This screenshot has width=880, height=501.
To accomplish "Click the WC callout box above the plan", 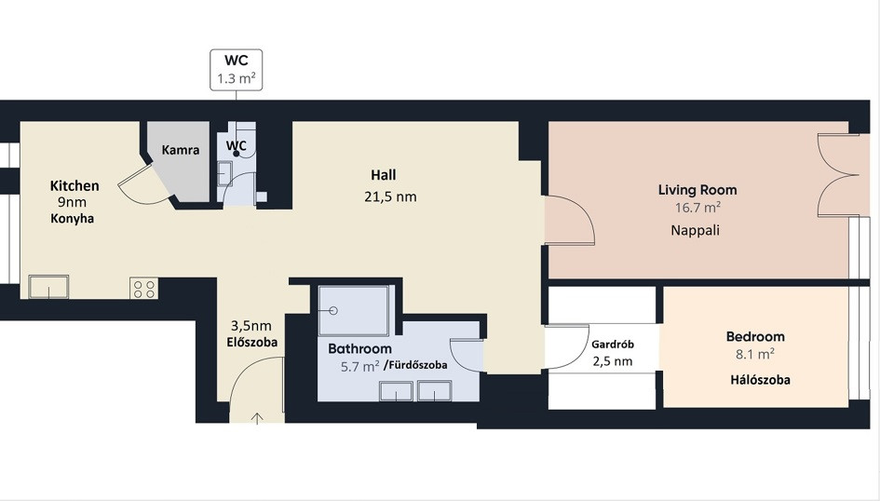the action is click(x=237, y=70).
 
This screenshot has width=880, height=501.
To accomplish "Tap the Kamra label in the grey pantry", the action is click(x=180, y=150).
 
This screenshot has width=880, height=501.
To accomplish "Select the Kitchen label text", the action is click(x=74, y=185).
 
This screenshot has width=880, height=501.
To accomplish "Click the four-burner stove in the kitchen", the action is click(x=143, y=289).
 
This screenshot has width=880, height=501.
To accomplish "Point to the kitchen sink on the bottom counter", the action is click(x=48, y=287).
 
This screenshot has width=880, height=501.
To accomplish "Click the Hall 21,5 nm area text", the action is click(x=390, y=196).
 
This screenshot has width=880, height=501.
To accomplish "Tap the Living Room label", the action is click(x=697, y=190).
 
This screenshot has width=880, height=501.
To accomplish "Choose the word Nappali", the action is click(x=696, y=230).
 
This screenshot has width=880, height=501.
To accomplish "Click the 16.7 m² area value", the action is click(x=697, y=208).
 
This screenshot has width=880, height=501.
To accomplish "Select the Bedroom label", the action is click(x=755, y=336).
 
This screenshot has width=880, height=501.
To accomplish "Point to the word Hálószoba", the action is click(x=761, y=380).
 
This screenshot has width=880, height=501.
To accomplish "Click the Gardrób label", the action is click(x=613, y=345).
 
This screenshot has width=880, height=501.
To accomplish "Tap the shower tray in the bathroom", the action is click(x=354, y=310).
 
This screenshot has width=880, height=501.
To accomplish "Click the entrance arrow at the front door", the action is click(x=257, y=418).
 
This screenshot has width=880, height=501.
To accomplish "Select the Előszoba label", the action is click(x=252, y=343).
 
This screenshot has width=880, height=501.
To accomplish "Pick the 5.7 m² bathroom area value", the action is click(x=360, y=367).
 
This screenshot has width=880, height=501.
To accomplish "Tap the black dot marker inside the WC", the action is click(x=237, y=154).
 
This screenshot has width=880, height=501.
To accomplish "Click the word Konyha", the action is click(x=73, y=219).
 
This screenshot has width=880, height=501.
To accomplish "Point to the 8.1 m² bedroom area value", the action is click(x=755, y=354).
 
